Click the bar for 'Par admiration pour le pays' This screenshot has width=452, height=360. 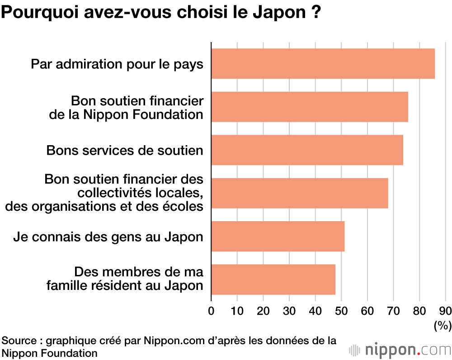coord(323,64)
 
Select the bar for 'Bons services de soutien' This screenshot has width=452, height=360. coord(307,150)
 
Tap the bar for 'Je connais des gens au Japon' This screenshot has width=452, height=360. coord(278,236)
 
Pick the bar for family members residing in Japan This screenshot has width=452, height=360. coord(273,279)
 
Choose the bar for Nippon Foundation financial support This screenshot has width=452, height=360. coord(310,107)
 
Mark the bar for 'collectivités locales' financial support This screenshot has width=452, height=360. coord(300,193)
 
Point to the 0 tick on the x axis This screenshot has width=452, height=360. coord(211,311)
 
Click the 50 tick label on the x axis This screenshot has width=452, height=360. coord(341,311)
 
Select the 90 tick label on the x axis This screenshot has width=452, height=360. coord(445,311)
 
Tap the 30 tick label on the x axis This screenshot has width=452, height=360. coord(289,311)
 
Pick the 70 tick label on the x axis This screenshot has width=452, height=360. coord(393,311)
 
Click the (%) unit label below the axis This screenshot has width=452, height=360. coord(443,325)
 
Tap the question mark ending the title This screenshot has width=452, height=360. coord(316,12)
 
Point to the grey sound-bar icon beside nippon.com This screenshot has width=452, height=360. coord(355,350)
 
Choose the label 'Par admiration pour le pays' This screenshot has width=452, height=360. coord(117,64)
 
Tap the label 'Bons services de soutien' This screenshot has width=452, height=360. coord(125,150)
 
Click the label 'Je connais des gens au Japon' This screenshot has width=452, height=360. coord(108,236)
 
